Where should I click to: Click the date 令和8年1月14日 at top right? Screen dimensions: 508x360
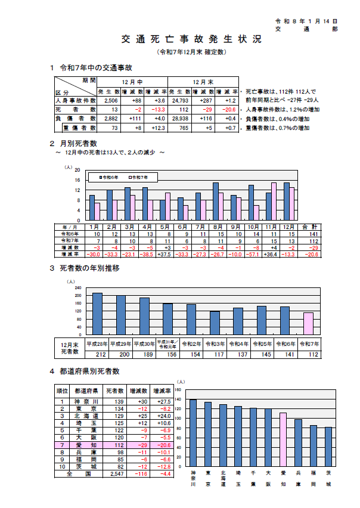click(309, 20)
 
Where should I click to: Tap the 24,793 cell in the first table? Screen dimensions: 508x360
click(180, 101)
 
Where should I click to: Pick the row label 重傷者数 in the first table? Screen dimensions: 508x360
click(75, 128)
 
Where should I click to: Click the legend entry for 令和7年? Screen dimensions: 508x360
click(139, 178)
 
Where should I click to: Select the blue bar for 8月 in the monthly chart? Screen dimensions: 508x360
click(216, 201)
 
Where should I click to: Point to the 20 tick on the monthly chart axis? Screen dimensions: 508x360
click(77, 170)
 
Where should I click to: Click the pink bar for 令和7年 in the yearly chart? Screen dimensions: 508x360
click(308, 324)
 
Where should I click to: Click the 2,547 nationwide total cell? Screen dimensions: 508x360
click(114, 474)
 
